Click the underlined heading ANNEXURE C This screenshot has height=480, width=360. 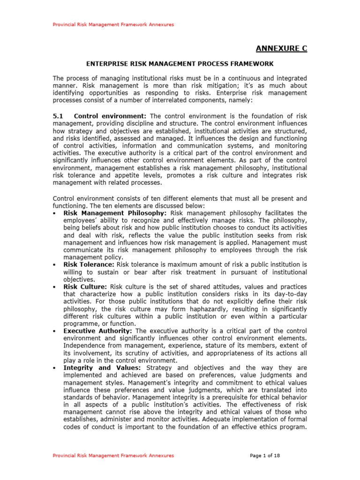[281, 49]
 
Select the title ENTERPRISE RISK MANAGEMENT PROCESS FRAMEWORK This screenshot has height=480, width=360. [180, 63]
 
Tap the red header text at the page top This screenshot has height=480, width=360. [112, 24]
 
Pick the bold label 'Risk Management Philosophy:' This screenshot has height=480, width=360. [115, 213]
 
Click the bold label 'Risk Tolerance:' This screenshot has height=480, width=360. [89, 264]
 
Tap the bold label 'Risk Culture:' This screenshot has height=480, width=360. [85, 287]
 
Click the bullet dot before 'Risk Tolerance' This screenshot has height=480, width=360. [56, 265]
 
